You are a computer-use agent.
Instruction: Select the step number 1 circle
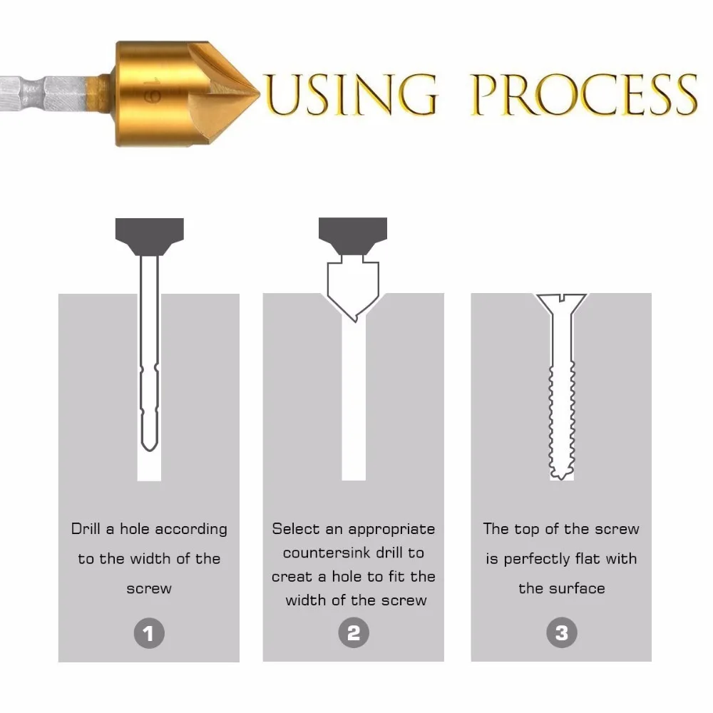click(x=148, y=632)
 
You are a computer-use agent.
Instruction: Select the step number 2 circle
click(x=354, y=632)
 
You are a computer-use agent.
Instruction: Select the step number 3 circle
click(x=561, y=632)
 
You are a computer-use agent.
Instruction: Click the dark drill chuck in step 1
click(x=149, y=235)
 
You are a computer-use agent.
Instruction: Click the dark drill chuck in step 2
click(x=353, y=235)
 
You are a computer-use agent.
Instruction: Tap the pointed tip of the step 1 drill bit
click(x=149, y=448)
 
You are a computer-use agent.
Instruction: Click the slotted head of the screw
click(x=561, y=300)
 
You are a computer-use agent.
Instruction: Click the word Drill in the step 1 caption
click(x=86, y=529)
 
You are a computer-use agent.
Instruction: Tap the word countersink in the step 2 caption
click(x=326, y=553)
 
